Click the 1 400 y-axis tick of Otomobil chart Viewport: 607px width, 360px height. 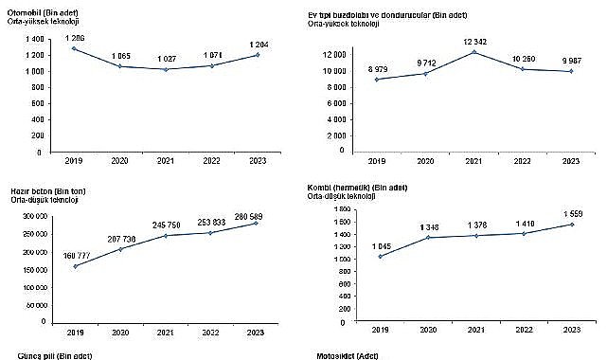tap(35, 39)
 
